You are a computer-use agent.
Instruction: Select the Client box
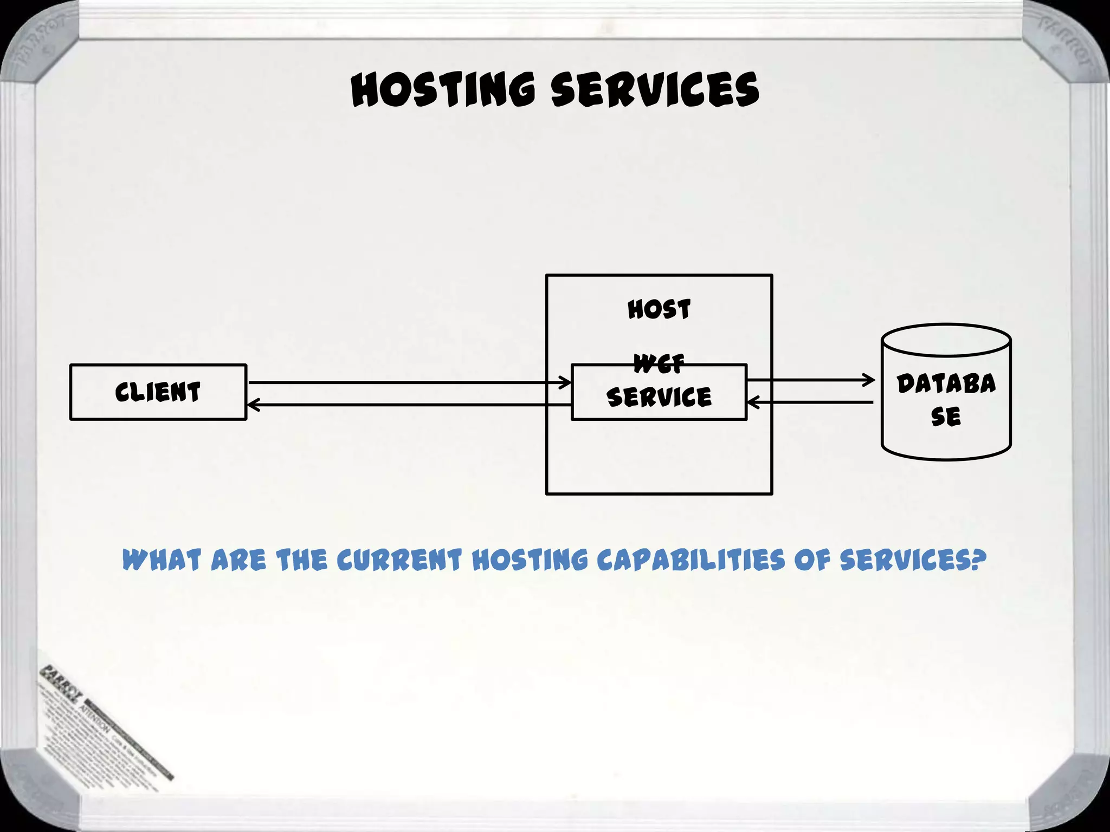pyautogui.click(x=158, y=392)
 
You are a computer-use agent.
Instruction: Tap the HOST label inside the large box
pyautogui.click(x=659, y=310)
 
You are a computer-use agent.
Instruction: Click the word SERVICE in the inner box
pyautogui.click(x=659, y=397)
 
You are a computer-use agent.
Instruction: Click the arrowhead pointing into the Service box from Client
pyautogui.click(x=566, y=382)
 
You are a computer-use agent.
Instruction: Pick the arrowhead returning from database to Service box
pyautogui.click(x=752, y=402)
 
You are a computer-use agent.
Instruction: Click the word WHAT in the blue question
pyautogui.click(x=162, y=560)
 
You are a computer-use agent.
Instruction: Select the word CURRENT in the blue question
pyautogui.click(x=399, y=560)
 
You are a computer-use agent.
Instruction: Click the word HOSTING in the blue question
pyautogui.click(x=530, y=560)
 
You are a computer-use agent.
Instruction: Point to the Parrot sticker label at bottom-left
pyautogui.click(x=103, y=726)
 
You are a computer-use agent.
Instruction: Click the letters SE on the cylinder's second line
pyautogui.click(x=946, y=417)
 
